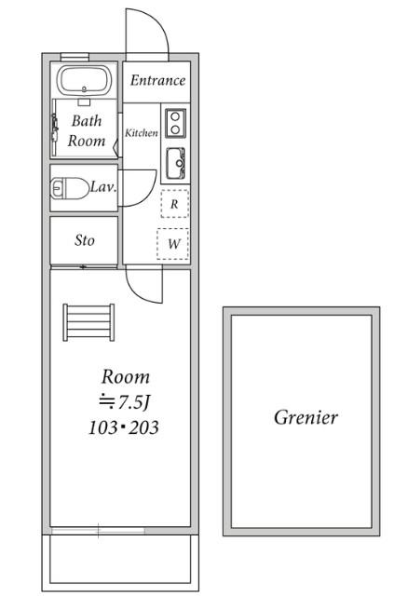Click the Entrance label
pos(157,80)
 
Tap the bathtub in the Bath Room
pos(85,80)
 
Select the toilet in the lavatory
pos(70,188)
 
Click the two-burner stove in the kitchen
pos(176,123)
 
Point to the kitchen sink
pos(176,163)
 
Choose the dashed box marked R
pos(175,204)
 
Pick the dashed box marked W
pos(173,244)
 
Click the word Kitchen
pos(142,133)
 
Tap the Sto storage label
pos(85,240)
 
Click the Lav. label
pos(103,187)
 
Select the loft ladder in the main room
pos(88,323)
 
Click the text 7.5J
pos(133,403)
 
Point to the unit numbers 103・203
pos(124,428)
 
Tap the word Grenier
pos(306,417)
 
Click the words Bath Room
pos(87,131)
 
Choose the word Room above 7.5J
pos(126,377)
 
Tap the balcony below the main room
pos(120,562)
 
